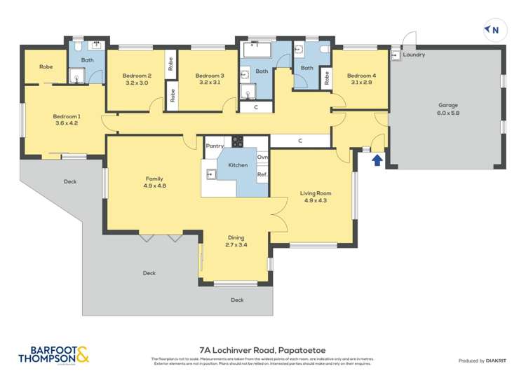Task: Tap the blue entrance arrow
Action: pyautogui.click(x=377, y=160)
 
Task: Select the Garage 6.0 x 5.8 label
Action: pyautogui.click(x=448, y=109)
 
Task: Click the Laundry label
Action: pyautogui.click(x=414, y=55)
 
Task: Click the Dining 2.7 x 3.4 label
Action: pyautogui.click(x=236, y=242)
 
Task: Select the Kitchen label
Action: pyautogui.click(x=238, y=165)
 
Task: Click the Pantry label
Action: pyautogui.click(x=215, y=146)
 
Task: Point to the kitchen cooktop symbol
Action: pyautogui.click(x=237, y=141)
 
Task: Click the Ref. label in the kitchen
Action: pyautogui.click(x=262, y=174)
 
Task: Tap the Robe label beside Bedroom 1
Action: pyautogui.click(x=46, y=67)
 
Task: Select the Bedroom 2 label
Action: pyautogui.click(x=137, y=79)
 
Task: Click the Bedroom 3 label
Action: pyautogui.click(x=209, y=79)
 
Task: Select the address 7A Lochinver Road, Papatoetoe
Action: pyautogui.click(x=262, y=349)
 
